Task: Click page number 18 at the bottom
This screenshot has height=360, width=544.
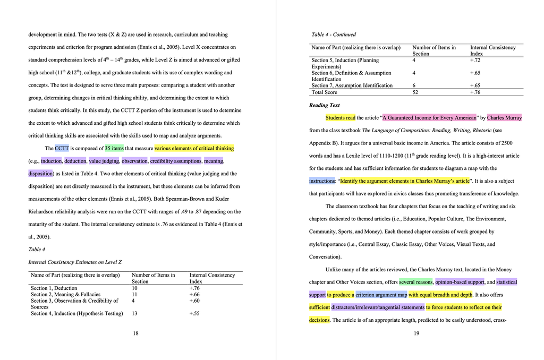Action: coord(135,333)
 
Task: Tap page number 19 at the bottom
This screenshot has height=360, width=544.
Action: coord(416,333)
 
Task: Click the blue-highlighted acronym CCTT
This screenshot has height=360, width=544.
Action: coord(62,149)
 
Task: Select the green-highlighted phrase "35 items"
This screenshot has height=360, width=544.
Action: coord(114,149)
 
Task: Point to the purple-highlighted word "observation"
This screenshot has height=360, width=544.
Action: coord(134,161)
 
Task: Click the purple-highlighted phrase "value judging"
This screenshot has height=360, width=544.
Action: coord(104,161)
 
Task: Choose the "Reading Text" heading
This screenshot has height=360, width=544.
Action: coord(325,105)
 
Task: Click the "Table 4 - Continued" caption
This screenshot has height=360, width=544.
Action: coord(334,35)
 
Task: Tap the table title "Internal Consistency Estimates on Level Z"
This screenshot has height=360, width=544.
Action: coord(75,262)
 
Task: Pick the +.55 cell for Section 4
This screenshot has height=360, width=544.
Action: coord(194,313)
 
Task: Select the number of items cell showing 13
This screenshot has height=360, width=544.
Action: coord(135,313)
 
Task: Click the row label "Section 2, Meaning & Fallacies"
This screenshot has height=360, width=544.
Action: coord(65,294)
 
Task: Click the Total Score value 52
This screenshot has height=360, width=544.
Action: coord(415,92)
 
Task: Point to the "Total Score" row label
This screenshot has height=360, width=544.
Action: coord(324,92)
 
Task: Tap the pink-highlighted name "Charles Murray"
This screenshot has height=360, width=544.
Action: coord(504,118)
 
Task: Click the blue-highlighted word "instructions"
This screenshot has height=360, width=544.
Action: coord(322,181)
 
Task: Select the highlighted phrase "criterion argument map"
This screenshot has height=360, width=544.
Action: coord(381,295)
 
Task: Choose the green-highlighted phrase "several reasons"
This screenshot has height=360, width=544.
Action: coord(416,282)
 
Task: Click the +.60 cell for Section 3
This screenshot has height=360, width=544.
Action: coord(194,301)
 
